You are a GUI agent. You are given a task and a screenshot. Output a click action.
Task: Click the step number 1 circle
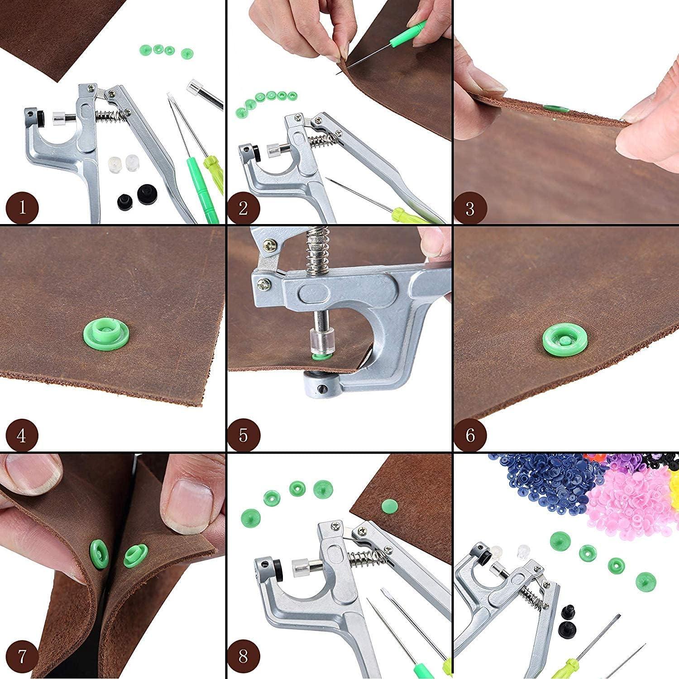point(22,209)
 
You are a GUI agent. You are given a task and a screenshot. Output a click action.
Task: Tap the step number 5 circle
point(244,435)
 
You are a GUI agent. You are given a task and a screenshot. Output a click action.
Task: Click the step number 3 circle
point(470,209)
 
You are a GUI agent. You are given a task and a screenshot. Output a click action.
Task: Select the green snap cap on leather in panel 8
point(388,505)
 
